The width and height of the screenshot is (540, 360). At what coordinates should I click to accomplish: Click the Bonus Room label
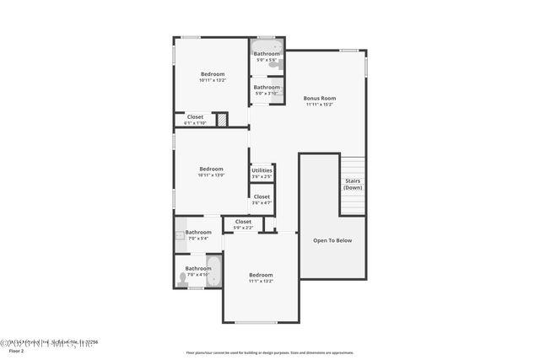point(320,99)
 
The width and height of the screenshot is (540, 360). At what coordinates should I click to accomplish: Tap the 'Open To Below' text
point(332,240)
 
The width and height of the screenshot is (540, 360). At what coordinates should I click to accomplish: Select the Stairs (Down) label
point(353,184)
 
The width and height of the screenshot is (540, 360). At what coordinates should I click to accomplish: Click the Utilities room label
point(262,170)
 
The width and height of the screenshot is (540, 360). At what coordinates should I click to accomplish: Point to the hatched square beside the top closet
point(222,121)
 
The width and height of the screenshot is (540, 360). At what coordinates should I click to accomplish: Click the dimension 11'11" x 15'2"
point(320,105)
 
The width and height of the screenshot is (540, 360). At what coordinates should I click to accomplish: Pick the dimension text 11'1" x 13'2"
point(261,281)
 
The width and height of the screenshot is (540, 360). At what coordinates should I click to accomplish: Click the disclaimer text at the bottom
point(270,352)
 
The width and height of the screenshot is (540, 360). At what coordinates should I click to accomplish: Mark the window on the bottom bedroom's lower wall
point(256,322)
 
